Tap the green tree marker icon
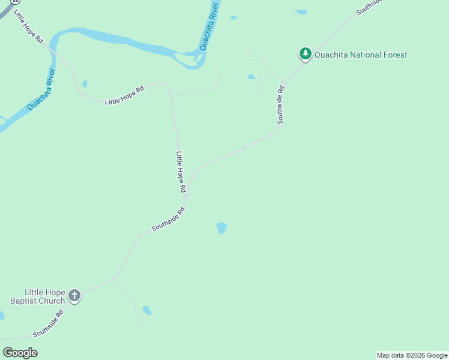pos(306,55)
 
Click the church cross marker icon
pos(74,295)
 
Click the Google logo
pos(20,353)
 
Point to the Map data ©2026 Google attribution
pos(412,355)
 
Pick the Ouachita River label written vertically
pos(208,25)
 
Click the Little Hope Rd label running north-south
pos(181,172)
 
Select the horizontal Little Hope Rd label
pos(125,96)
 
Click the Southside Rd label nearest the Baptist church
pos(48,323)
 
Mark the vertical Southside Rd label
pos(280,105)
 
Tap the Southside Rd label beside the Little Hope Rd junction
pos(168,219)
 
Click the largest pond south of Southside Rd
pos(221,228)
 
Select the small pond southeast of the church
pos(146,310)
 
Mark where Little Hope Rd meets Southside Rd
pos(185,202)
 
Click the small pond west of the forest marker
pos(251,77)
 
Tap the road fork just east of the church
pos(114,278)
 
